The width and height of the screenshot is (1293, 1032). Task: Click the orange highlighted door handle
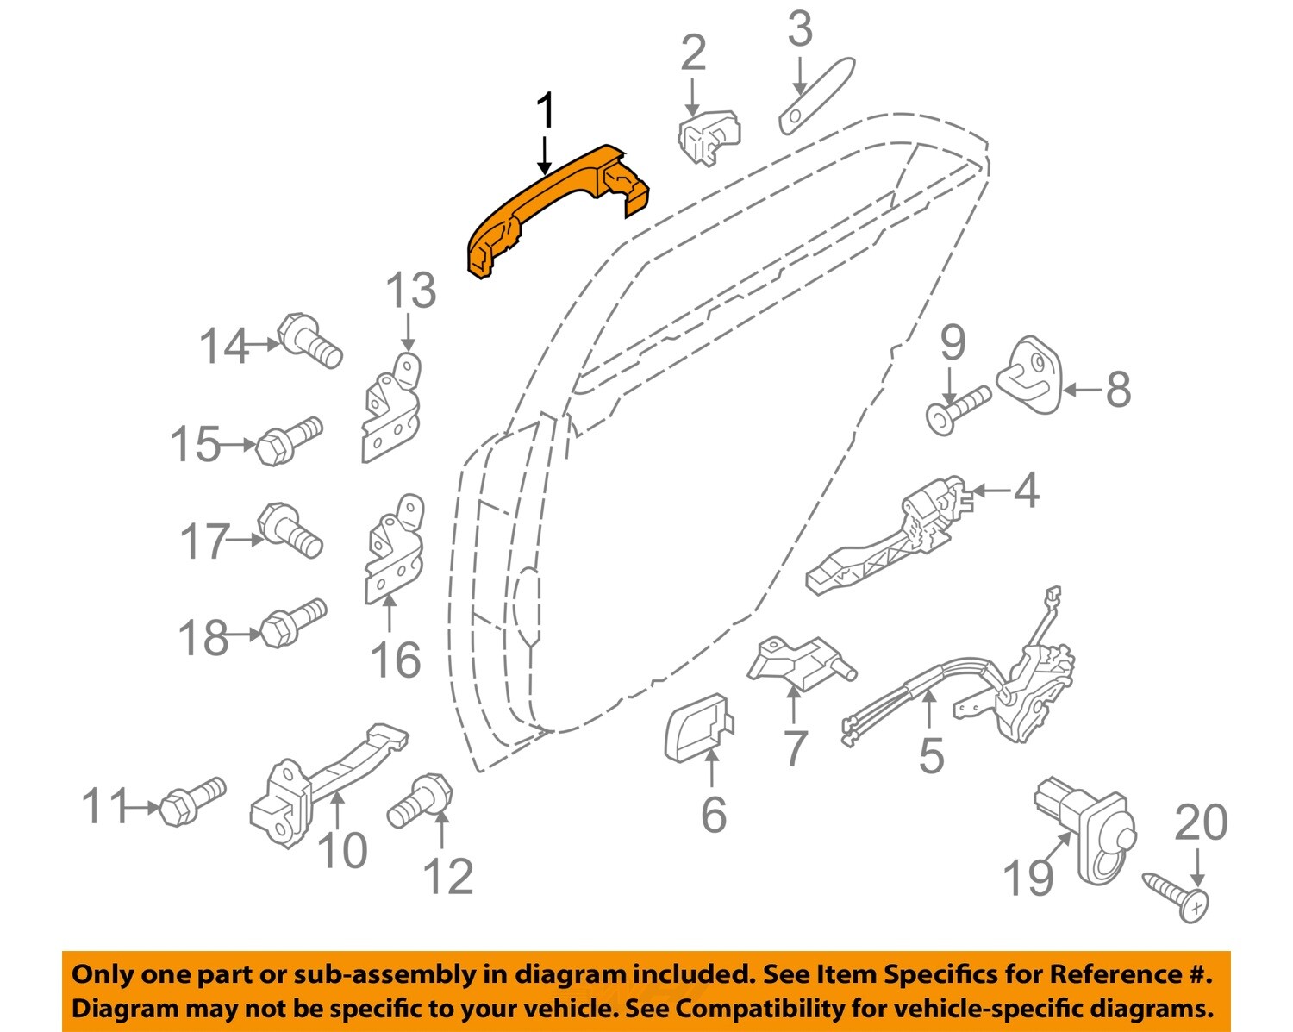click(552, 207)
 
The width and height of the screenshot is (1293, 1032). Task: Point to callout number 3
click(800, 31)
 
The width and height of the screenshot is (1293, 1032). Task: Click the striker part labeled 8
click(1029, 378)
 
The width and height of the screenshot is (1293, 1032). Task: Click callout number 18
click(203, 639)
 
